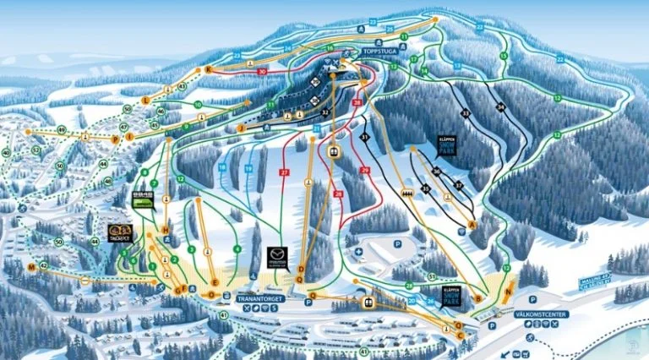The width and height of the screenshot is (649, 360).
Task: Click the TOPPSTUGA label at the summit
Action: point(379,51)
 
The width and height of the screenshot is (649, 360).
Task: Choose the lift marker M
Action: point(31,266)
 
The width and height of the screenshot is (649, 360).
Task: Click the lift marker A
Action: point(472,224)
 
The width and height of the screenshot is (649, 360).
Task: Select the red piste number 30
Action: point(263,73)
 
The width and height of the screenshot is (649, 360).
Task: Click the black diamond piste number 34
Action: point(501,106)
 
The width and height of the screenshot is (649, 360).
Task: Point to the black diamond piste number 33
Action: point(465,112)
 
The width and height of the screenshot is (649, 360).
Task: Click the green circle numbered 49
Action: point(61,129)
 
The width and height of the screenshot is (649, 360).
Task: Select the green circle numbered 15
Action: point(504,56)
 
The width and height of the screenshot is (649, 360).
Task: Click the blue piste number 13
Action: point(457,65)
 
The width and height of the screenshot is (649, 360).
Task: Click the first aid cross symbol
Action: point(359,251)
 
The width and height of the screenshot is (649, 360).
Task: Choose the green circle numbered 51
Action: point(432,275)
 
